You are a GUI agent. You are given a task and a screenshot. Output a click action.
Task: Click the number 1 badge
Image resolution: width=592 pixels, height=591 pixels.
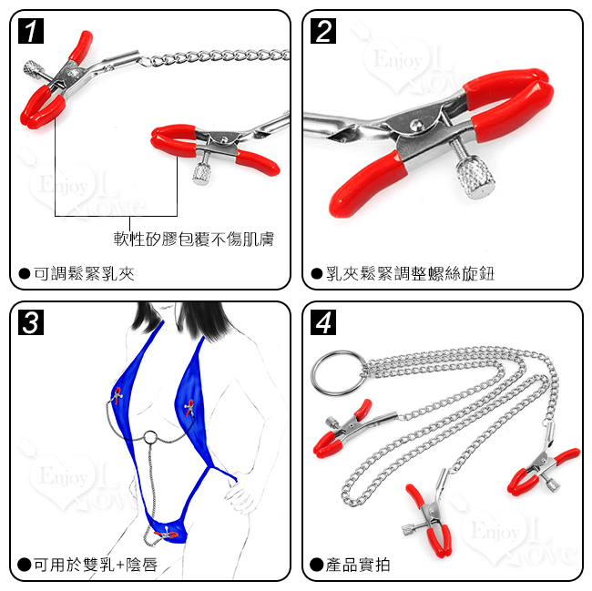coord(31,31)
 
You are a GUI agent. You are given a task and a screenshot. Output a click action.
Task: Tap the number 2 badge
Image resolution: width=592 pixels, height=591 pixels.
coord(323,31)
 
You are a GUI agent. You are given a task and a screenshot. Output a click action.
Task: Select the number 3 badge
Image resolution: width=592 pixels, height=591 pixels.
coord(31,322)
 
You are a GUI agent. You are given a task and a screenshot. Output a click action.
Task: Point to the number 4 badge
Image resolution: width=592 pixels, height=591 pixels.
coord(323,322)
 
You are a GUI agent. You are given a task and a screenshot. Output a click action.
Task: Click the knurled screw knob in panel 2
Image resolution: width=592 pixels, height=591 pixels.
coord(475,178)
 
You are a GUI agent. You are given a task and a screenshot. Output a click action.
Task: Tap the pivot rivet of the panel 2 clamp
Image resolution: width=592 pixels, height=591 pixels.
coord(416,125)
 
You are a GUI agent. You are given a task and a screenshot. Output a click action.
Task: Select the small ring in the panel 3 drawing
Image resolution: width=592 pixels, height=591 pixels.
coord(150,437)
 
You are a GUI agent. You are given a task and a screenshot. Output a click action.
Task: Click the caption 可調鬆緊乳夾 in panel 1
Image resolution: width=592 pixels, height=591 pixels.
coord(84,273)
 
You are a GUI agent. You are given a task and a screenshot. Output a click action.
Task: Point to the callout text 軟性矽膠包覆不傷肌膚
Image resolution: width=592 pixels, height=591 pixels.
coord(194,239)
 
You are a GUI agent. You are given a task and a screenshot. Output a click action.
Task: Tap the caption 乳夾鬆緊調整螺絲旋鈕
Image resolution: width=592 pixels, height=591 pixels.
coord(410,273)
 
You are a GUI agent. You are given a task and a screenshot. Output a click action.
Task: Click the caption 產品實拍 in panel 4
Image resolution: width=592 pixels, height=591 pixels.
coord(358,565)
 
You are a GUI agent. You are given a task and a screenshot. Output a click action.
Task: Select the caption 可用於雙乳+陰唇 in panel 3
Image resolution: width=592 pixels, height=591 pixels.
coord(96,565)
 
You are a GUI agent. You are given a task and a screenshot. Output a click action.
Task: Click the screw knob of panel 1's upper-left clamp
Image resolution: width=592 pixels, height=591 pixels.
coord(32,68)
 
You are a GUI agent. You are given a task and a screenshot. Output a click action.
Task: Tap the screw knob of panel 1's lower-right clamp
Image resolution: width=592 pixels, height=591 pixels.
coord(202,174)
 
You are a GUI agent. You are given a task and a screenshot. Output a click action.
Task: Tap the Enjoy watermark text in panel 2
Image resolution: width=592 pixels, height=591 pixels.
coord(398,60)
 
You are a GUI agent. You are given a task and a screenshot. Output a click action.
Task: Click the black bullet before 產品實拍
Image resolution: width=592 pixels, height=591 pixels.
coord(316,565)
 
